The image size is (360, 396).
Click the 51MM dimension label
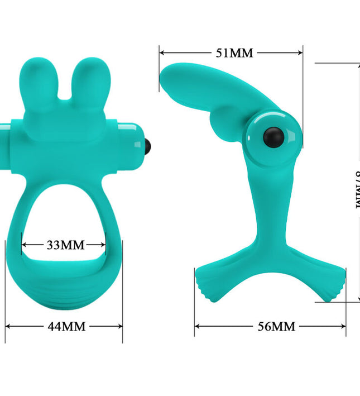coord(234,53)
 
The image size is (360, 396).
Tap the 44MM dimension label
coord(66,326)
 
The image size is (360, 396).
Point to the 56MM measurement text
coord(275,326)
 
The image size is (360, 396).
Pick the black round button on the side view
coord(276,136)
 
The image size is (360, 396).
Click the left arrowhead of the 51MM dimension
coord(162,53)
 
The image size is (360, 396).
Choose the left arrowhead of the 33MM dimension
coord(24,245)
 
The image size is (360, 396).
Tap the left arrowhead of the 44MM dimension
coord(8,326)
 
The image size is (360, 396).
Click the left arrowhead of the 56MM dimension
coord(197,326)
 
